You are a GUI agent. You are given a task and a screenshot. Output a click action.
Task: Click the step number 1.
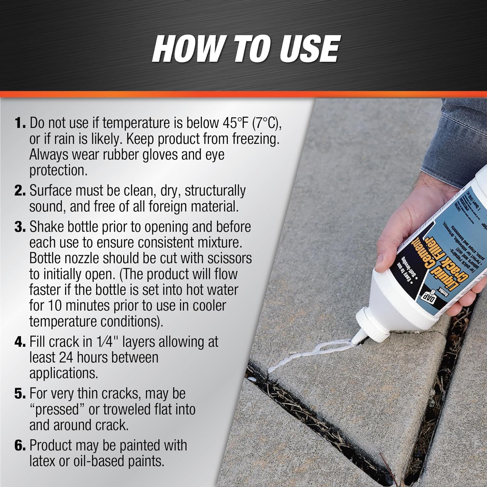click(x=20, y=123)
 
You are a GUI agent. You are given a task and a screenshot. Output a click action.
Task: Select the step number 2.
click(x=20, y=191)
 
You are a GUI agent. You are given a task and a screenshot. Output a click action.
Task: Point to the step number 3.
click(x=20, y=227)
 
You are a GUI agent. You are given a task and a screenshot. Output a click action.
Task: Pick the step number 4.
click(x=20, y=342)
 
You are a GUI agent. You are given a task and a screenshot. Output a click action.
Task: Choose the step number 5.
click(x=20, y=394)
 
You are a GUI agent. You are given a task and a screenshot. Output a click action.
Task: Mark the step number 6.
click(x=20, y=445)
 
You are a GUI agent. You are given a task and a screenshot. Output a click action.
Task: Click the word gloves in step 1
click(x=160, y=155)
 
